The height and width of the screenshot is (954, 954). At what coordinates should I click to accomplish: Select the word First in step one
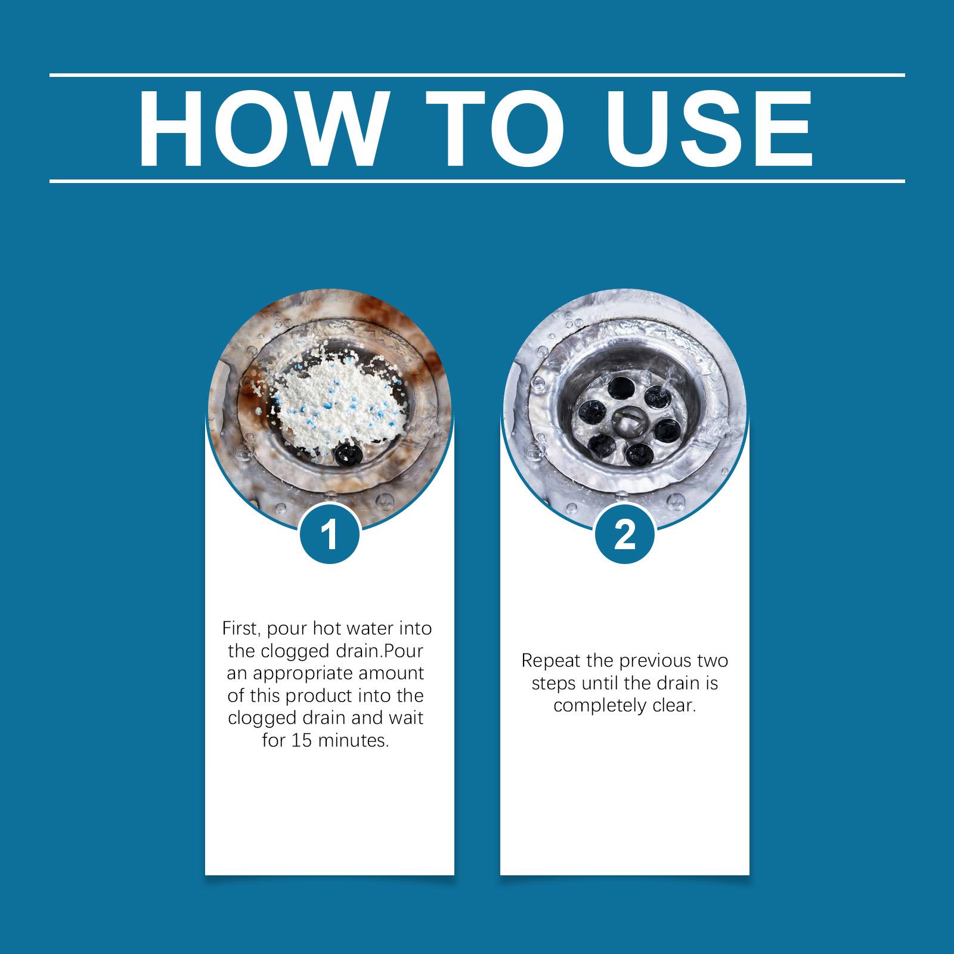[238, 628]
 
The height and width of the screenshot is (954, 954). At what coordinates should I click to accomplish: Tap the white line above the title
[477, 75]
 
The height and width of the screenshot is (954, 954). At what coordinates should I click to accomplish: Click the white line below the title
[477, 180]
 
